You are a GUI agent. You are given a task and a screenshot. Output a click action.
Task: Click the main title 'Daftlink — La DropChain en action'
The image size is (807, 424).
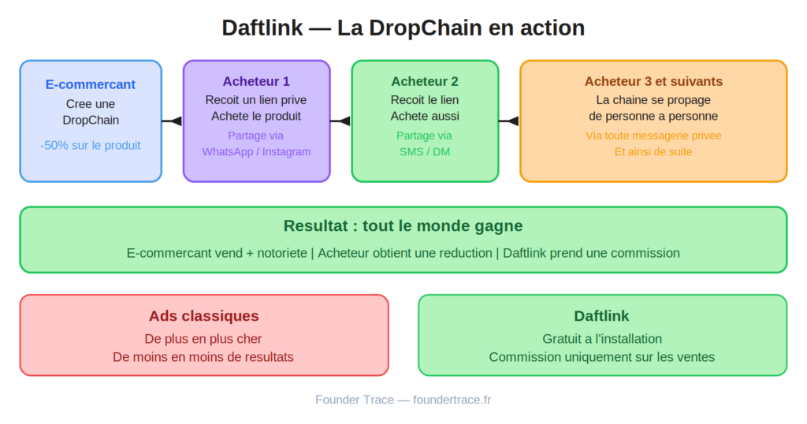[x=403, y=28]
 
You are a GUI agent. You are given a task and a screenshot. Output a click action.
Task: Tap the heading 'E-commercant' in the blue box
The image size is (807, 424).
[x=91, y=84]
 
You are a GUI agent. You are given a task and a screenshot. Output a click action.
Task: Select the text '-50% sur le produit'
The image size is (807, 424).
[x=91, y=145]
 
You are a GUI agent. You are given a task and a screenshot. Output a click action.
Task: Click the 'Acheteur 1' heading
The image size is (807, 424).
[x=256, y=81]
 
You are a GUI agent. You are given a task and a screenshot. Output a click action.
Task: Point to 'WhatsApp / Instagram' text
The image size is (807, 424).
[x=256, y=151]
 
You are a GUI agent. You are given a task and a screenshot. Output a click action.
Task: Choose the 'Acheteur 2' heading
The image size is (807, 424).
[x=425, y=81]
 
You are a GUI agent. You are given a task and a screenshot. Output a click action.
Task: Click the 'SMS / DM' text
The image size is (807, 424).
[x=425, y=151]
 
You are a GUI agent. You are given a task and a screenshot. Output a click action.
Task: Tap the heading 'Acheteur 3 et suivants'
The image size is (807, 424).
[x=653, y=81]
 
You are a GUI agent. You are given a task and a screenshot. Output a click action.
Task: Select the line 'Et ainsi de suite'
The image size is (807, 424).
[x=653, y=151]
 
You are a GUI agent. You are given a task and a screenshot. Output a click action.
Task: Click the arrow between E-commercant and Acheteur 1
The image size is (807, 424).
[x=173, y=121]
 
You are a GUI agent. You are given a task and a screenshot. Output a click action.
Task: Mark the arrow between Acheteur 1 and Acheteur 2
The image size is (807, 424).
[x=340, y=121]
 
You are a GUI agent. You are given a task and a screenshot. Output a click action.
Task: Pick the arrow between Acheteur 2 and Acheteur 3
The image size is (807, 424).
[x=509, y=121]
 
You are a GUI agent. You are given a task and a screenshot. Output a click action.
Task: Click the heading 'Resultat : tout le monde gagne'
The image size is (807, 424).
[x=403, y=226]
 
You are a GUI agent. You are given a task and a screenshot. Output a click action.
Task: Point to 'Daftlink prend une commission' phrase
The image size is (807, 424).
[x=591, y=253]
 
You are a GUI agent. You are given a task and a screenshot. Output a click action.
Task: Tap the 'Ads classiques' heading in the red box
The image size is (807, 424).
[x=204, y=316]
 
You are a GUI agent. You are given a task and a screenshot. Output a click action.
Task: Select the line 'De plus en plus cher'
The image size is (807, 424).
[x=204, y=339]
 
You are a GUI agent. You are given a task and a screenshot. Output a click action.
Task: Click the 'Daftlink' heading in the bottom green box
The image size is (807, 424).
[x=601, y=316]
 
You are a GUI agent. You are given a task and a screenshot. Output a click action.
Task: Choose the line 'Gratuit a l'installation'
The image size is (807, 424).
[x=601, y=339]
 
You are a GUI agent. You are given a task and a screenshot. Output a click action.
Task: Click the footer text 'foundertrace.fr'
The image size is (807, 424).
[x=452, y=400]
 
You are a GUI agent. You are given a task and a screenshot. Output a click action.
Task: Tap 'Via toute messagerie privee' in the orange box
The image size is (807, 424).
[x=653, y=136]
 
